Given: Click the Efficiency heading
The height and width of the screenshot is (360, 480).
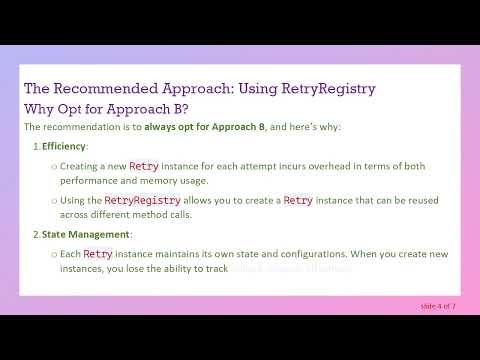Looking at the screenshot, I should (64, 147).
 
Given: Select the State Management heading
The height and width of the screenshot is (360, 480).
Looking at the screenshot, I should (86, 235).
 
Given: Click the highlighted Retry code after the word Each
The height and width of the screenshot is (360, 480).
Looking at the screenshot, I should (98, 254).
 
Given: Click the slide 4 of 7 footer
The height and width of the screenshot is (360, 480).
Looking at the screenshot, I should (437, 305).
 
